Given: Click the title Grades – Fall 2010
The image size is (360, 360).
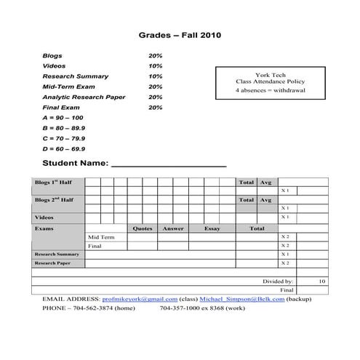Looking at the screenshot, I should (180, 34).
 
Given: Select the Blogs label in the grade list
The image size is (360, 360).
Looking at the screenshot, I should (52, 55).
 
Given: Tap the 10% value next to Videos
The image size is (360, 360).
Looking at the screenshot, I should (155, 65).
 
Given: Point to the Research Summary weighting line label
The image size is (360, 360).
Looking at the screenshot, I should (76, 76).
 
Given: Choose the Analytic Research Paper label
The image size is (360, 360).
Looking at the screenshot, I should (84, 97).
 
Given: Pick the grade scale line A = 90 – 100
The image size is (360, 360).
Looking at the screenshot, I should (63, 117).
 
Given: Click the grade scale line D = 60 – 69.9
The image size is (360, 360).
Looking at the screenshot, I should (63, 148).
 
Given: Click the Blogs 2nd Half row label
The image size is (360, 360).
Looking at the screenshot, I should (54, 199).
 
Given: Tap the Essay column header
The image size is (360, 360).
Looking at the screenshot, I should (212, 228).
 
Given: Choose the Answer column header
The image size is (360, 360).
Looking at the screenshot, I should (173, 228).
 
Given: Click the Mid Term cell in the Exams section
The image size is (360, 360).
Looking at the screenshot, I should (101, 237).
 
